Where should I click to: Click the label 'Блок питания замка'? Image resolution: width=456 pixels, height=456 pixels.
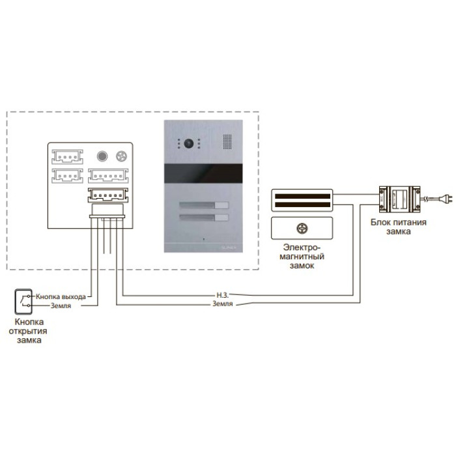coord(399,226)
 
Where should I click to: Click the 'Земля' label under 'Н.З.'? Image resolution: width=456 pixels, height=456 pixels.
coord(222,304)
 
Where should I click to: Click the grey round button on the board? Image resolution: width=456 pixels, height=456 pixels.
coord(102,156)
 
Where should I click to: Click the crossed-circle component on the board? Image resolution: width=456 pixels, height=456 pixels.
coord(121,156)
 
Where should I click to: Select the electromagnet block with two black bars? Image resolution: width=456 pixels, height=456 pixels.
coord(302,200)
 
